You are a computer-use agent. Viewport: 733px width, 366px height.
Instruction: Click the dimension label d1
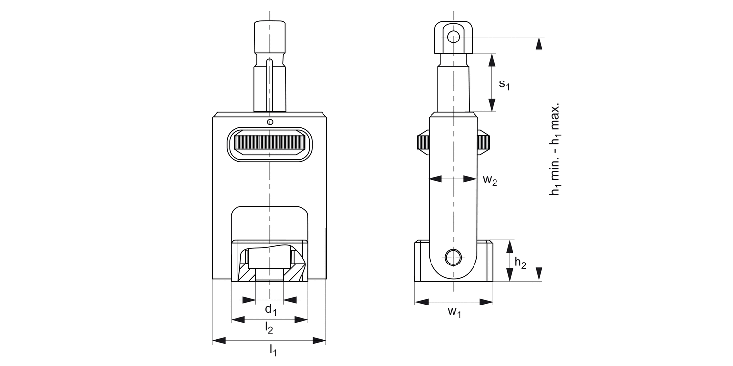271,309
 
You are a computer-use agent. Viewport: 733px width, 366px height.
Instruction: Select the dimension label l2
269,328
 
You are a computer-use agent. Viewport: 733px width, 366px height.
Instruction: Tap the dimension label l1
273,350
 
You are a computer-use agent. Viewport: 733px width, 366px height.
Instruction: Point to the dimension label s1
504,84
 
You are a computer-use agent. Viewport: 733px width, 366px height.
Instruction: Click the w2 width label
490,180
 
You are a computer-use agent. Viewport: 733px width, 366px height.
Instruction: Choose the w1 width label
454,312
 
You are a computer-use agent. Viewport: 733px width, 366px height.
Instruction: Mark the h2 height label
520,263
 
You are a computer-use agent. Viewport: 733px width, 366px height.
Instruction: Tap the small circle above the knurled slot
270,122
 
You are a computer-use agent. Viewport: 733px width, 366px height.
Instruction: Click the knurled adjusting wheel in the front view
270,144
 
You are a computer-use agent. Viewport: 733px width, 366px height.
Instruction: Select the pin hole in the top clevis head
453,37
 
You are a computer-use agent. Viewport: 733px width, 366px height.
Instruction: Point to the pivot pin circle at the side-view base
453,258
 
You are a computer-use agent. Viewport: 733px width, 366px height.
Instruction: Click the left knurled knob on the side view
423,142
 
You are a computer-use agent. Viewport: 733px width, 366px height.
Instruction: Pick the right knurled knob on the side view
484,142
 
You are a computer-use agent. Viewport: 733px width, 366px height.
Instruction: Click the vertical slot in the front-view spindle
269,85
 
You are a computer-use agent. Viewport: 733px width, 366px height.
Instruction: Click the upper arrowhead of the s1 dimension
492,61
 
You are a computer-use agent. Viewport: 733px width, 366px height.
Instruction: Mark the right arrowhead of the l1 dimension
319,341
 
